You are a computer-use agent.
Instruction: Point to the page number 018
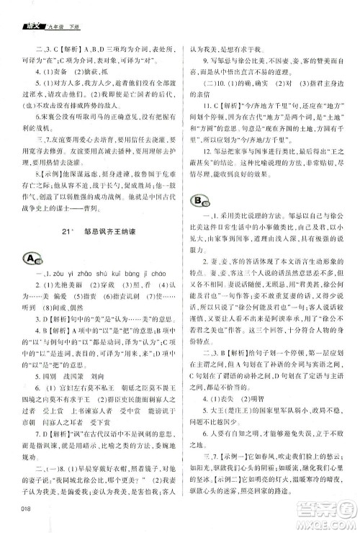28,511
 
